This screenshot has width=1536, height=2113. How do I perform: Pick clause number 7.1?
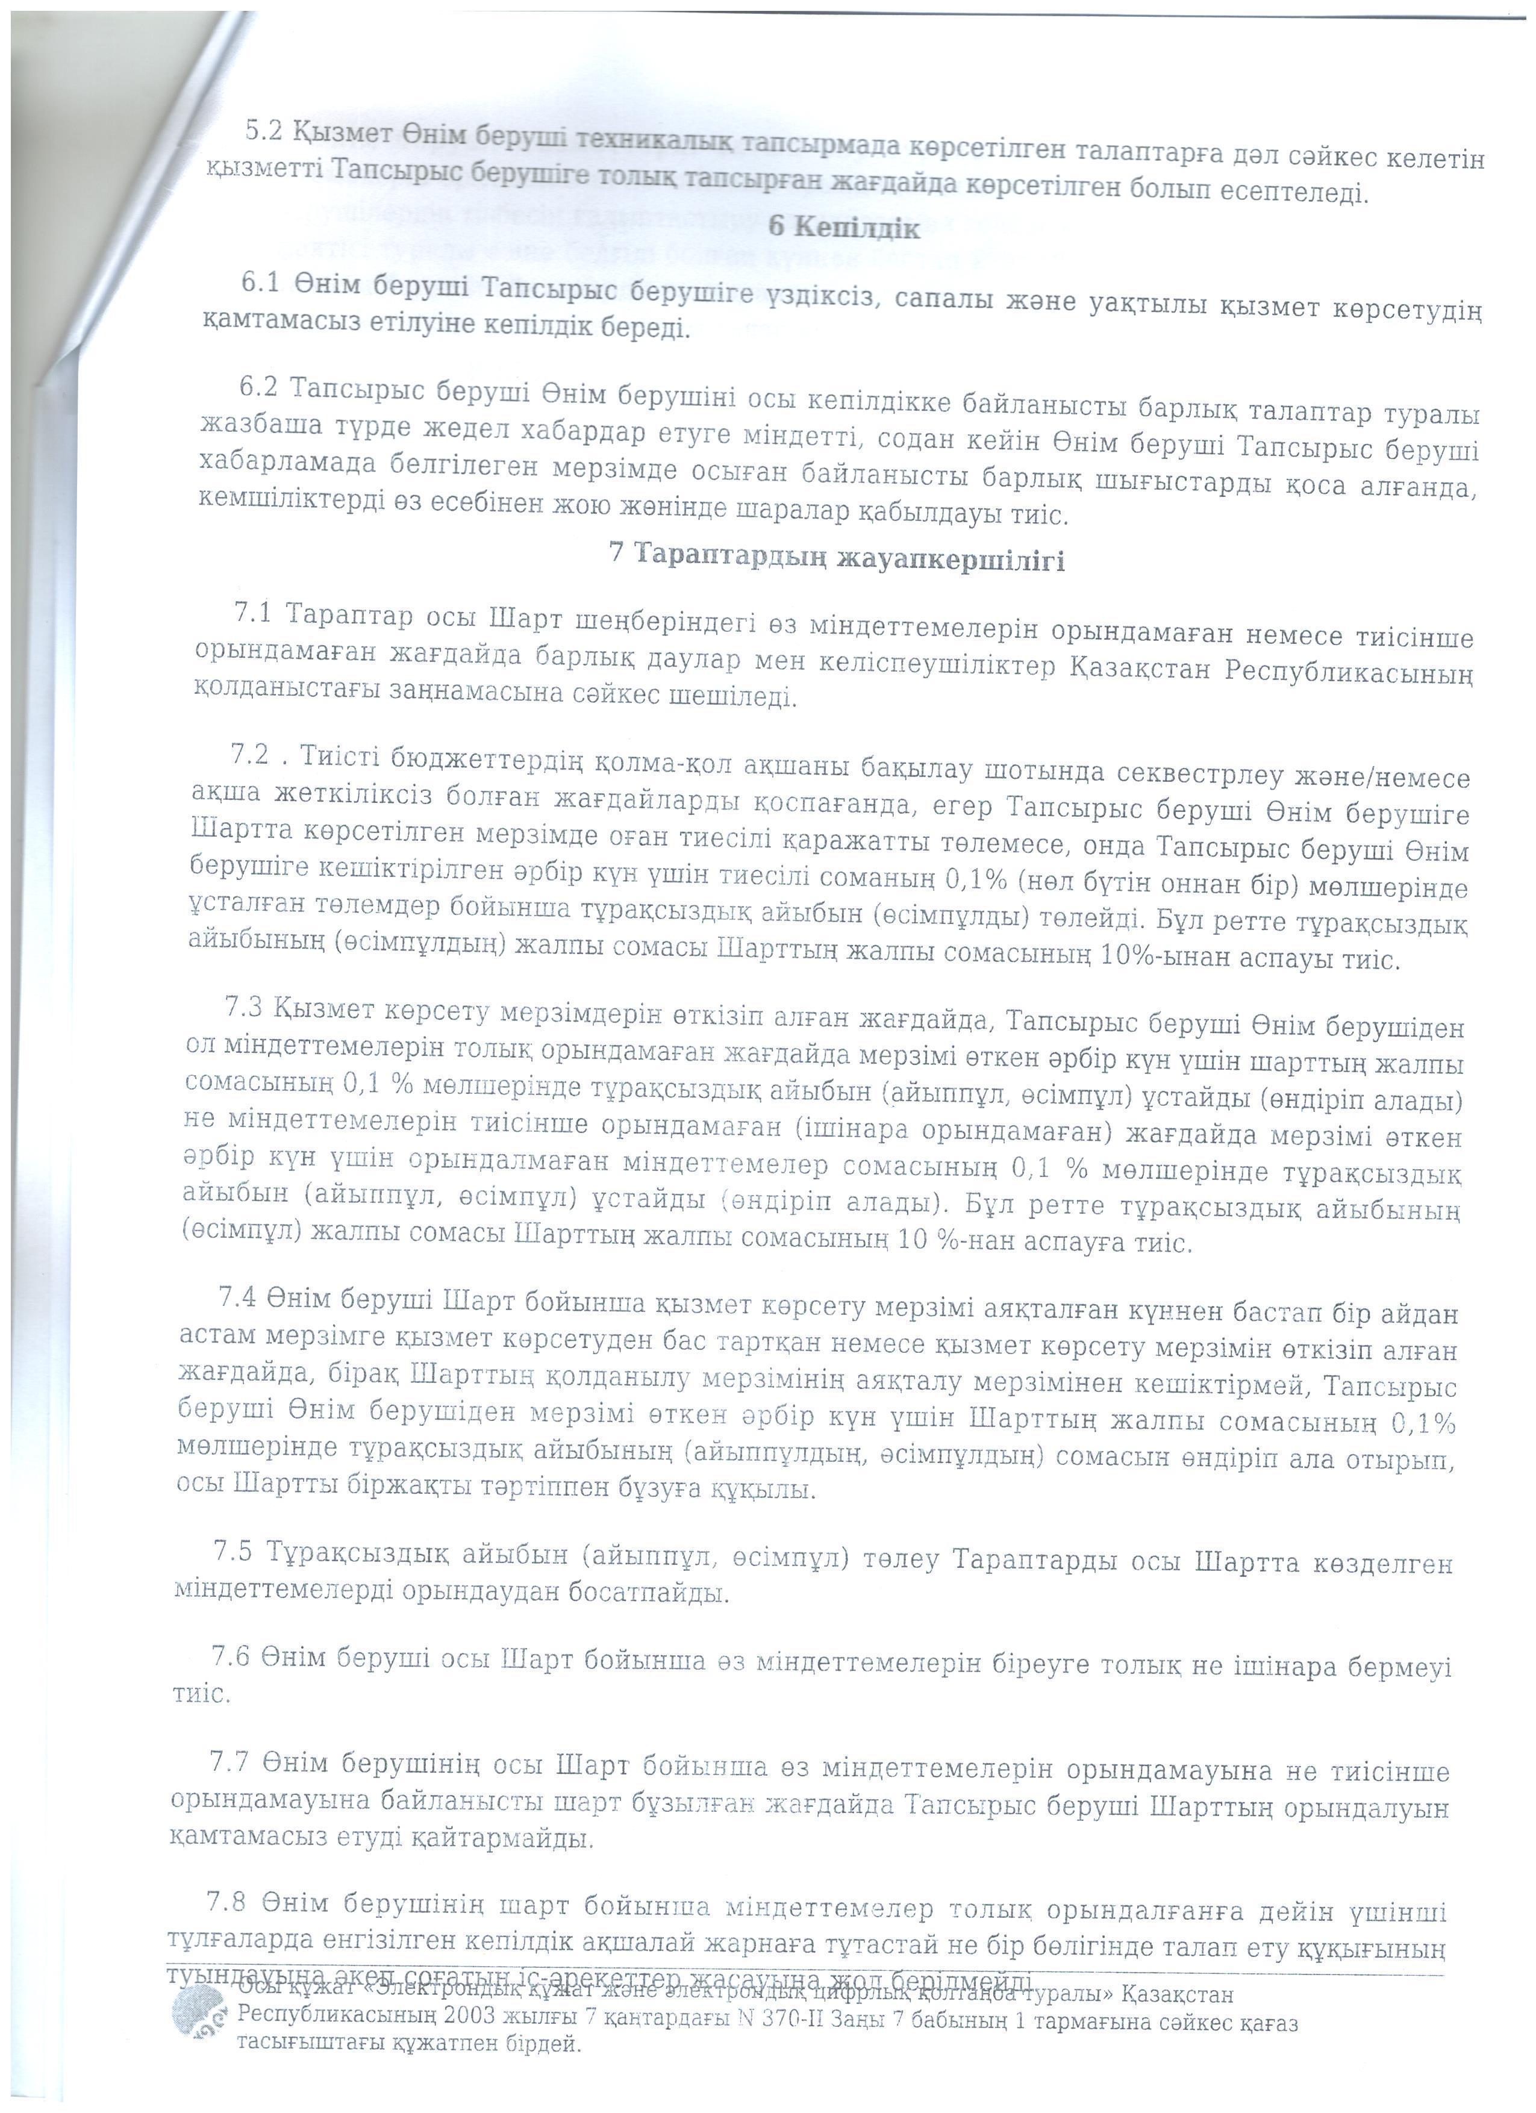pyautogui.click(x=252, y=613)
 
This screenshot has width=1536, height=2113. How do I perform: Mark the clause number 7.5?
pyautogui.click(x=233, y=1549)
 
